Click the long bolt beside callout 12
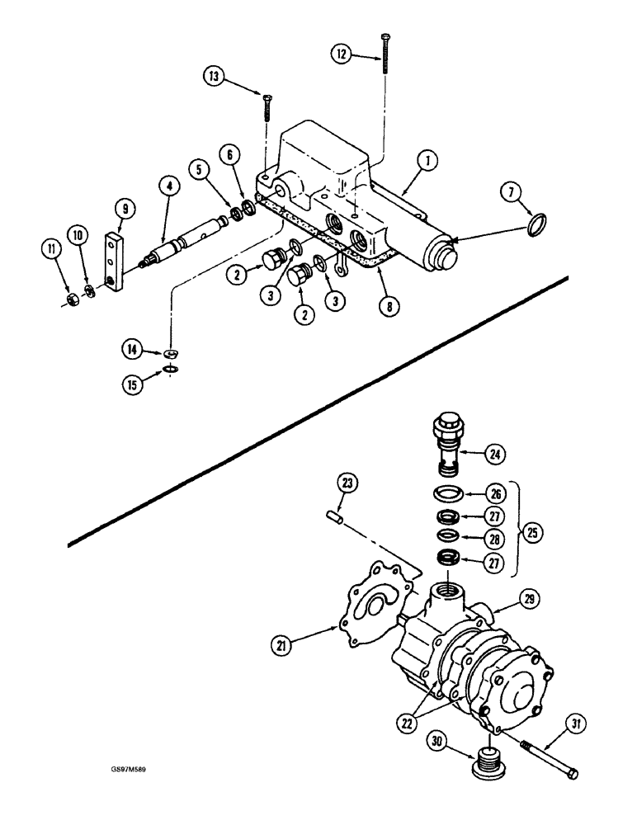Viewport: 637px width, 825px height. coord(385,58)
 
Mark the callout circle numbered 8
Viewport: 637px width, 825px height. coord(386,304)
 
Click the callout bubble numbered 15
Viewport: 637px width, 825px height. coord(129,382)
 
